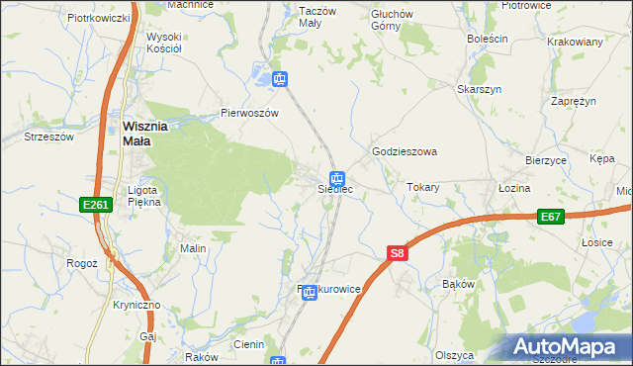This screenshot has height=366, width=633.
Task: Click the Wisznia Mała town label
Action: click(x=150, y=134)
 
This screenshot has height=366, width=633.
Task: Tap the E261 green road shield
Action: click(x=95, y=205)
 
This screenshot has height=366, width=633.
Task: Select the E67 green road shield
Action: click(x=552, y=216)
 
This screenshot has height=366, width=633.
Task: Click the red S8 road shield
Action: click(x=397, y=254)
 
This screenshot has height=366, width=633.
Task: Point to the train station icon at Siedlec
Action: click(x=338, y=179)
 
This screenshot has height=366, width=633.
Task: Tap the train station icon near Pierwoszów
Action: click(x=280, y=79)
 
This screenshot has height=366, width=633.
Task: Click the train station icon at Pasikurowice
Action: click(x=310, y=293)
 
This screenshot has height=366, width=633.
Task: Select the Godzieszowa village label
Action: click(x=404, y=152)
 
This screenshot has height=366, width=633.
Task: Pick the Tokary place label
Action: click(x=423, y=187)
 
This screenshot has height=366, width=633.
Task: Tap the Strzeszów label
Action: click(x=50, y=137)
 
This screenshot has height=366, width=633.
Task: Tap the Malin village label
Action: click(x=192, y=248)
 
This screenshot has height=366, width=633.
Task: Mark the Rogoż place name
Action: click(x=81, y=263)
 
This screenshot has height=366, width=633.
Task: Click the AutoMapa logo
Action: click(x=568, y=347)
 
